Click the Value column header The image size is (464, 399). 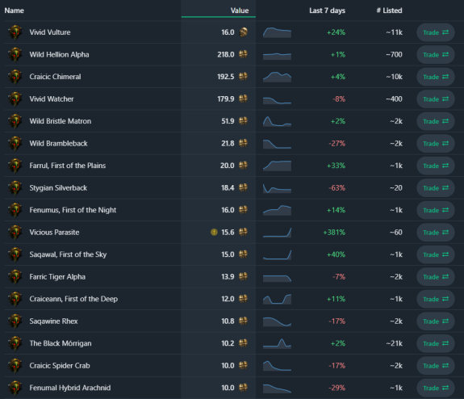(x=240, y=10)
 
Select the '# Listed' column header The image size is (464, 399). (x=389, y=10)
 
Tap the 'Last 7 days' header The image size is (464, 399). (x=327, y=10)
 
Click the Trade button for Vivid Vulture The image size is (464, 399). (x=435, y=32)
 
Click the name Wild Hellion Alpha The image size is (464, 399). (x=59, y=54)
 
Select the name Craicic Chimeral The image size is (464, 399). (x=55, y=77)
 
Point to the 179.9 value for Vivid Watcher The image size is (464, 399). (x=225, y=99)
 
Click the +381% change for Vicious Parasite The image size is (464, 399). (x=334, y=233)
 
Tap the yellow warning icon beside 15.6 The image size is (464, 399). (x=214, y=233)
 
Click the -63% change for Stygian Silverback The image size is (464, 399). (x=337, y=188)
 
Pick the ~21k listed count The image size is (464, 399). (x=394, y=343)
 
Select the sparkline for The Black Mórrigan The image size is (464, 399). (x=277, y=343)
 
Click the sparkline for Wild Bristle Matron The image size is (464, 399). (x=277, y=121)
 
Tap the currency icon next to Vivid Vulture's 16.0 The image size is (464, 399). (x=243, y=32)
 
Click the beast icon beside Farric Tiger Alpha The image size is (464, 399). (x=15, y=277)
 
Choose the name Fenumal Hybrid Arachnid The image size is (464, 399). (x=70, y=388)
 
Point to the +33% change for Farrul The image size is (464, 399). (x=336, y=166)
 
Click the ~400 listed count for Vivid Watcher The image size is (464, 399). (x=394, y=99)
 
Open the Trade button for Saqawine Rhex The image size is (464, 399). (x=435, y=321)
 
